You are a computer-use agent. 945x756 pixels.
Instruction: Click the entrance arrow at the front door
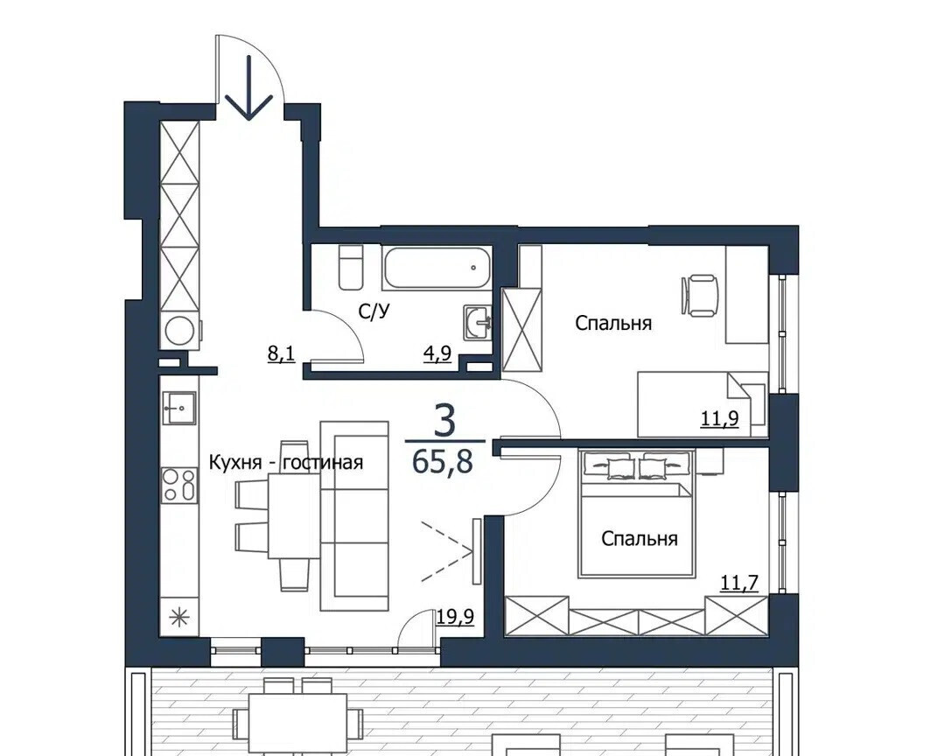pos(248,87)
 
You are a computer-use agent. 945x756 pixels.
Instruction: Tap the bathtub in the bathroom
pos(437,267)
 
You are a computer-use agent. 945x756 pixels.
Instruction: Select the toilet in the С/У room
pos(350,267)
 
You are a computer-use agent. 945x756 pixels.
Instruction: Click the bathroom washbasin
pos(478,322)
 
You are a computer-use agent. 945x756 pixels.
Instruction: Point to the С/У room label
pos(374,311)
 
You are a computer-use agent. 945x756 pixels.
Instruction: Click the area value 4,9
pos(437,353)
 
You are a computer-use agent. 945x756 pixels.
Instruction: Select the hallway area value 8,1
pos(281,353)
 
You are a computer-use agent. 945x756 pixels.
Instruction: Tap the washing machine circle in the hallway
pos(179,331)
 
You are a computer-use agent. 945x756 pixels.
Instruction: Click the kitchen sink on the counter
pos(179,408)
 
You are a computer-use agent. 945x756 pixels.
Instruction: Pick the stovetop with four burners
pos(179,485)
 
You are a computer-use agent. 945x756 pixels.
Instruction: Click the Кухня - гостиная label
pos(285,462)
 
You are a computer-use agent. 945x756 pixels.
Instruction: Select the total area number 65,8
pos(443,462)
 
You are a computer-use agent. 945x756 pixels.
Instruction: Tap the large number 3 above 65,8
pos(444,422)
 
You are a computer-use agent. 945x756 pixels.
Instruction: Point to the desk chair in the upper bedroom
pos(699,295)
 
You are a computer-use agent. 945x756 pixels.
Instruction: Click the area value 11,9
pos(719,417)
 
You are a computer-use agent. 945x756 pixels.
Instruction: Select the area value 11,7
pos(739,583)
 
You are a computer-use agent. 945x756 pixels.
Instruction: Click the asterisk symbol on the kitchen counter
pos(179,617)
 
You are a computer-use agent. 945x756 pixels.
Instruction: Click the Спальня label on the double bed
pos(640,538)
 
